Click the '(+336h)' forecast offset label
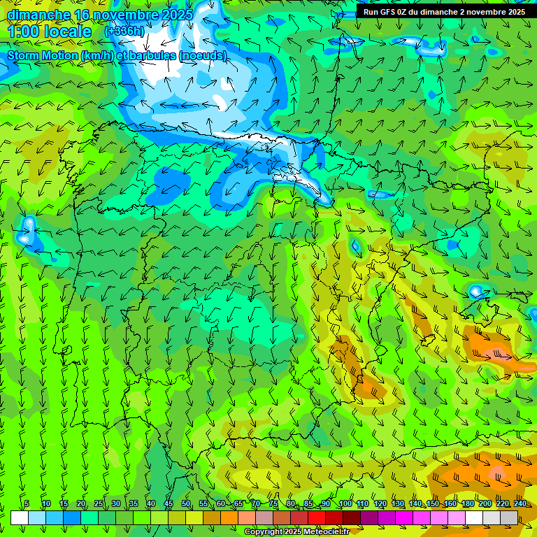click(x=124, y=31)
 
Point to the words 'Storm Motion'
click(x=42, y=56)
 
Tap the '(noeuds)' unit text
click(x=203, y=56)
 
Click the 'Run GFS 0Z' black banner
click(x=445, y=12)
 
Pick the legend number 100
click(x=345, y=504)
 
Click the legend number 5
click(x=27, y=504)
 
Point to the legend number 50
click(x=186, y=504)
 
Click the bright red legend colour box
click(x=317, y=517)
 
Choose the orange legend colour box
click(x=229, y=517)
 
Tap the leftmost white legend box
click(x=20, y=517)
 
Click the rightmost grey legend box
click(x=509, y=517)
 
